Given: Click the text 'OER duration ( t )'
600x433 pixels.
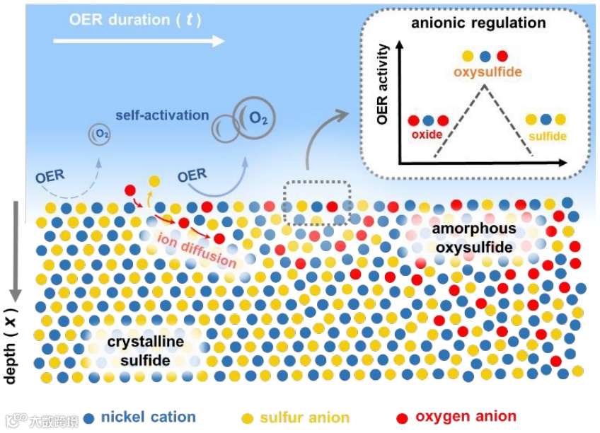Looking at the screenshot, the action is [x=135, y=19].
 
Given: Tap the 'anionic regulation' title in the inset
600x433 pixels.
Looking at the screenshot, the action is [x=478, y=23].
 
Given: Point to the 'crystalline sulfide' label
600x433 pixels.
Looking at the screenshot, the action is [x=145, y=351].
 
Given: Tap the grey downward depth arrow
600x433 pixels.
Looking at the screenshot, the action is [x=13, y=248].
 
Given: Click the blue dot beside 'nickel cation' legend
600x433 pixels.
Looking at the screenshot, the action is [x=89, y=418].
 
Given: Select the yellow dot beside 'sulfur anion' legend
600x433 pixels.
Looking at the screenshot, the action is [x=247, y=418].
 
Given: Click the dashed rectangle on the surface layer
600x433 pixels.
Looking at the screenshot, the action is [x=317, y=202].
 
